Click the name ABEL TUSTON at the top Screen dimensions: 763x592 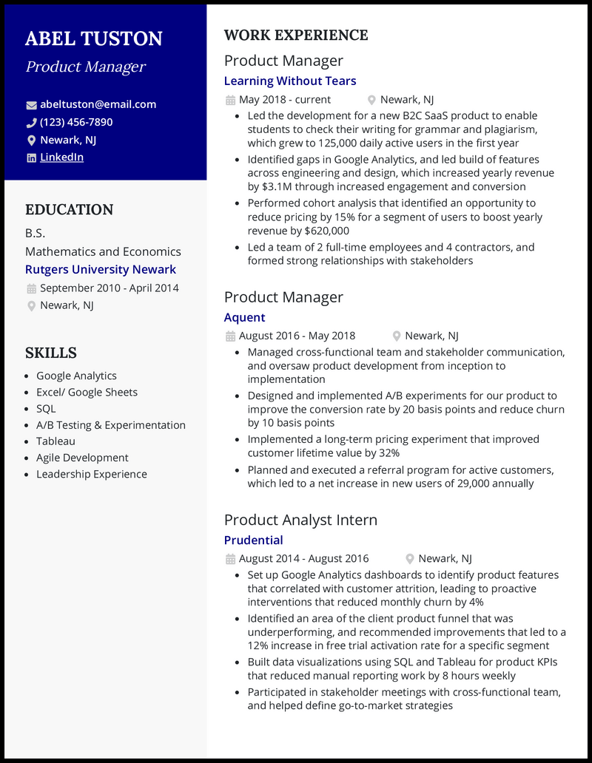(x=93, y=38)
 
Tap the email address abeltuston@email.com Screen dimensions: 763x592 (x=98, y=104)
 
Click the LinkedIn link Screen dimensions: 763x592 (x=61, y=157)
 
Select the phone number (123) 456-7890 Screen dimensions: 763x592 (x=76, y=122)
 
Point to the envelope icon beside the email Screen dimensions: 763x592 (x=31, y=105)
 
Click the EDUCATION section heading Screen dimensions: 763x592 (x=69, y=210)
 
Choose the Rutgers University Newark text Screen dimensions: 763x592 (x=101, y=270)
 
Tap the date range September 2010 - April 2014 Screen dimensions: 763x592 (x=109, y=288)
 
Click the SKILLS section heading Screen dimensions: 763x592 (x=51, y=353)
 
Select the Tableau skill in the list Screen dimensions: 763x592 (x=55, y=441)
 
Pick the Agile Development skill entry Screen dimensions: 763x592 (x=82, y=458)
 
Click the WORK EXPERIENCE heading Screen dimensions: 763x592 (x=296, y=35)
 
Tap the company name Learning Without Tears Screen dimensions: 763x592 (x=290, y=81)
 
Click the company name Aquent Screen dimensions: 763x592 (x=244, y=317)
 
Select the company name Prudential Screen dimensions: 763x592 (x=253, y=540)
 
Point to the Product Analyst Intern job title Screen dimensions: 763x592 (x=300, y=520)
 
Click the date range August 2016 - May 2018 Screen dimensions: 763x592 (x=297, y=336)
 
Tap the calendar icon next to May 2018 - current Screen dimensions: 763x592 (x=230, y=100)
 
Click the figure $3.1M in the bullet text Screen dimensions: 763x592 (x=277, y=187)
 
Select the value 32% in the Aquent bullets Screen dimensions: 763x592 (x=388, y=453)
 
